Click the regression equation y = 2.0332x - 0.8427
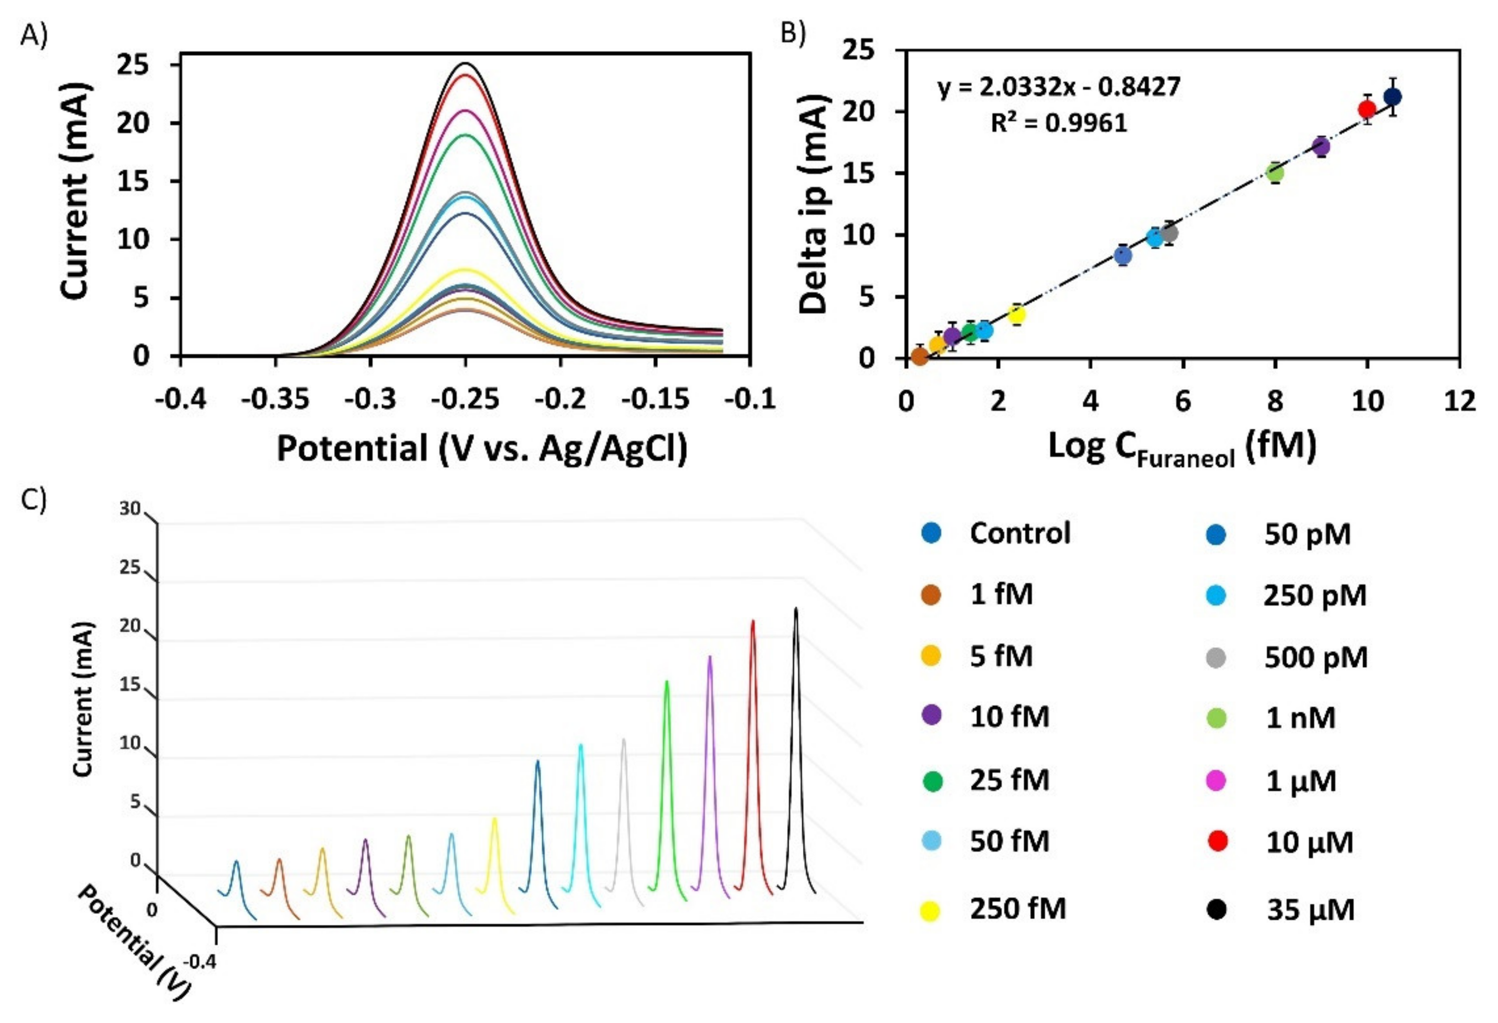point(1059,87)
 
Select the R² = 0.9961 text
point(1059,122)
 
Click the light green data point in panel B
point(1274,173)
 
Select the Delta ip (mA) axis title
point(814,204)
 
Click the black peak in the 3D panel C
point(796,609)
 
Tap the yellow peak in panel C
point(494,820)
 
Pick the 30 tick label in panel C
point(129,509)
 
